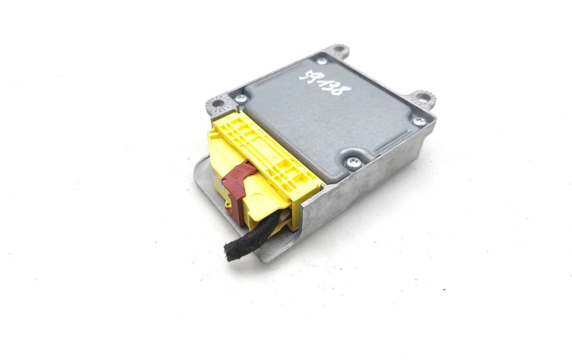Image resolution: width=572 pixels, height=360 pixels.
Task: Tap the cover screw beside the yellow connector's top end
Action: [240, 99]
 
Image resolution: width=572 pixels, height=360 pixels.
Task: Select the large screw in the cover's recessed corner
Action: [353, 163]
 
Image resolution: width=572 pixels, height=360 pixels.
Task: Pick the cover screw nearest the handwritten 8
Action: [419, 121]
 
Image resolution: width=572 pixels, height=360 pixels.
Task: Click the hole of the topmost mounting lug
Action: [339, 49]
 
